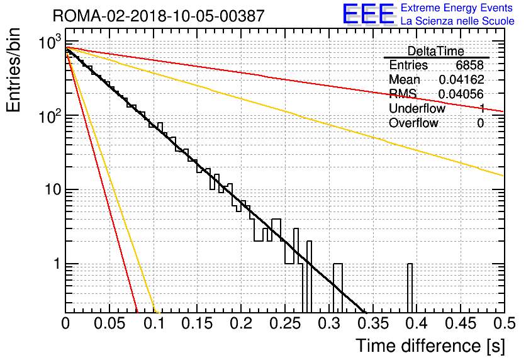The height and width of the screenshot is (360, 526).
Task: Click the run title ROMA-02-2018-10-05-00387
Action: pyautogui.click(x=159, y=16)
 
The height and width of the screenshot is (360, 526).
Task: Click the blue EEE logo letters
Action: pyautogui.click(x=368, y=14)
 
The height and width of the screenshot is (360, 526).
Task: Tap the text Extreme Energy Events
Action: pyautogui.click(x=457, y=8)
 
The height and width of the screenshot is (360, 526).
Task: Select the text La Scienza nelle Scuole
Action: pyautogui.click(x=457, y=21)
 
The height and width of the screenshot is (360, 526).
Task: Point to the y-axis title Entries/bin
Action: pyautogui.click(x=13, y=70)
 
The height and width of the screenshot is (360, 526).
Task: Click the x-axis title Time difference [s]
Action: pyautogui.click(x=430, y=346)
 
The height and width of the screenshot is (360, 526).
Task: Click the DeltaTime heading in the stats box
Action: pyautogui.click(x=435, y=51)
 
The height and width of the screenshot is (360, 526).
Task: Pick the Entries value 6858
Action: pyautogui.click(x=469, y=65)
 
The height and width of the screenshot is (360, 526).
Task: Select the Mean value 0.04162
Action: pyautogui.click(x=462, y=79)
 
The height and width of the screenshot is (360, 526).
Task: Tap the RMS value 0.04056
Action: pyautogui.click(x=461, y=94)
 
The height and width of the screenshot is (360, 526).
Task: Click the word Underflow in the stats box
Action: pyautogui.click(x=417, y=108)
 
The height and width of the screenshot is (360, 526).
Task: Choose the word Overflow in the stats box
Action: pyautogui.click(x=413, y=123)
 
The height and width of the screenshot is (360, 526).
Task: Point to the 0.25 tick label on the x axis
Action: pyautogui.click(x=286, y=323)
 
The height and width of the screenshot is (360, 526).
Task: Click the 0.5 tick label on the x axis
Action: pyautogui.click(x=505, y=323)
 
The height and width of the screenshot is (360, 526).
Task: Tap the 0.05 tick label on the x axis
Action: pyautogui.click(x=109, y=323)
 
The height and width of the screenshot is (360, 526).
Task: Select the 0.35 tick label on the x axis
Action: pyautogui.click(x=373, y=323)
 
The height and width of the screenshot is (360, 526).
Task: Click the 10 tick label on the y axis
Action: pyautogui.click(x=53, y=189)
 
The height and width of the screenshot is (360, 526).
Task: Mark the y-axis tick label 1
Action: pyautogui.click(x=57, y=264)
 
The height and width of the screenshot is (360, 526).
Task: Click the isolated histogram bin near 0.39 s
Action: pyautogui.click(x=410, y=288)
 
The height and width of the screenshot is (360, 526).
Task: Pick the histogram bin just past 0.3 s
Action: pyautogui.click(x=338, y=288)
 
